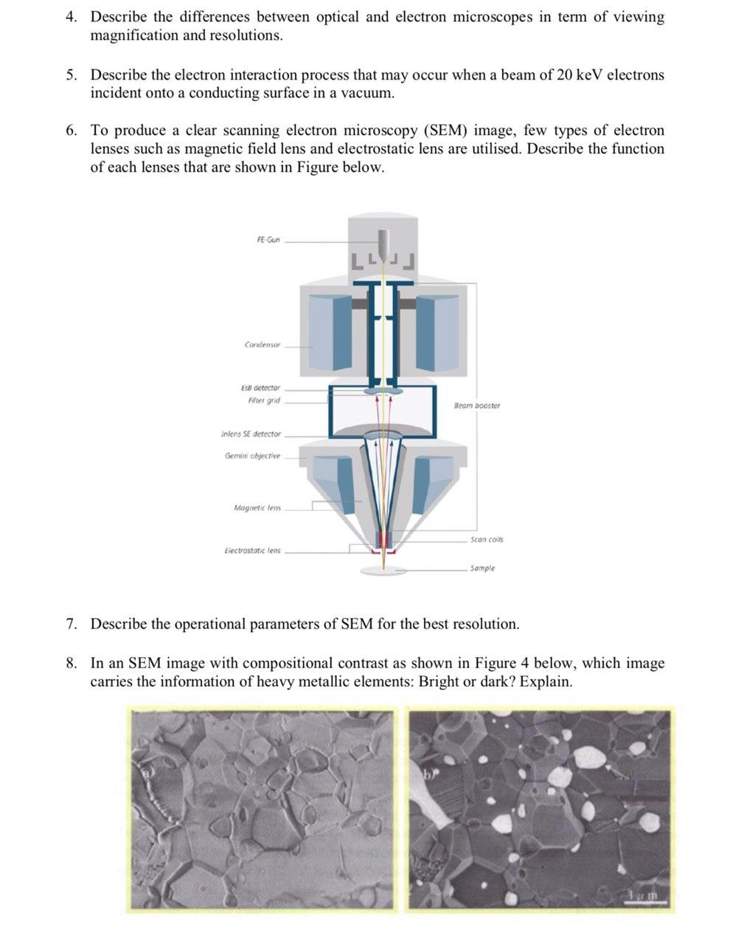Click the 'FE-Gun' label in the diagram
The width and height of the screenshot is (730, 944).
[x=268, y=240]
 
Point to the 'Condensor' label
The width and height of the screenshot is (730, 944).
[x=263, y=344]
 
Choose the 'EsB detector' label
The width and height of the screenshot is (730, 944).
[x=260, y=388]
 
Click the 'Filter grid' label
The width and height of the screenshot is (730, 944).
[x=264, y=400]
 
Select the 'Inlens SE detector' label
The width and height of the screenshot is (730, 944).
[x=251, y=434]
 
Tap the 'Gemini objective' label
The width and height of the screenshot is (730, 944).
[x=253, y=456]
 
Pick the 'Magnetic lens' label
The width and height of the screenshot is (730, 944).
[x=257, y=507]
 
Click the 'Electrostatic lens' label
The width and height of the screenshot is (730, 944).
[x=252, y=550]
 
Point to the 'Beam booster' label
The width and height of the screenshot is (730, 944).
[x=476, y=405]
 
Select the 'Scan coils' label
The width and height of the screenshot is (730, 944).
[x=487, y=539]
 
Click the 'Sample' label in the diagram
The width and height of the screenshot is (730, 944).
[x=482, y=568]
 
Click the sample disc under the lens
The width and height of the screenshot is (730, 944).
[x=383, y=570]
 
